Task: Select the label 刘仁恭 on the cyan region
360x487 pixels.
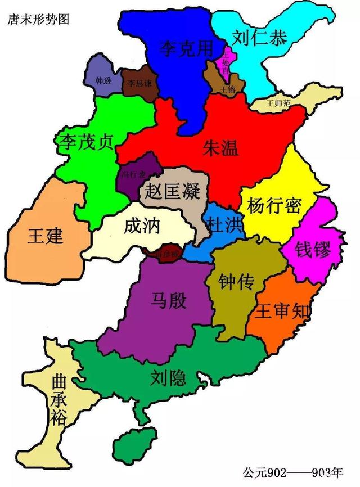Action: click(260, 37)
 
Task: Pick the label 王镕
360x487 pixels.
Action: click(228, 89)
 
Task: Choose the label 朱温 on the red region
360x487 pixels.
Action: click(220, 147)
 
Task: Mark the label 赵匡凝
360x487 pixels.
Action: click(173, 191)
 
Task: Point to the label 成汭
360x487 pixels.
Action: click(142, 226)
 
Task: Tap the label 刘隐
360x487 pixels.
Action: click(168, 378)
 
